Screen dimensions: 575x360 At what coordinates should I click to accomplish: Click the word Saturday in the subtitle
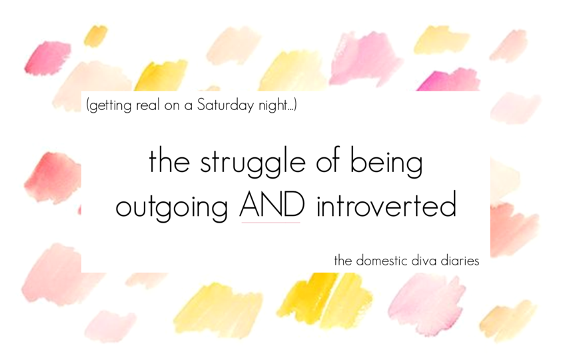pos(225,105)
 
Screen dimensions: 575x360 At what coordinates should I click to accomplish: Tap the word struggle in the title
pos(253,162)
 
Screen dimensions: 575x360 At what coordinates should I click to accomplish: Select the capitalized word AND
pos(272,204)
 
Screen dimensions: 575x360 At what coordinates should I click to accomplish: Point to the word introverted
pos(386,204)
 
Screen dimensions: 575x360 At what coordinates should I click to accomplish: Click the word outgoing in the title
pos(172,206)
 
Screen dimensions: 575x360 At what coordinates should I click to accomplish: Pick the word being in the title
pos(386,162)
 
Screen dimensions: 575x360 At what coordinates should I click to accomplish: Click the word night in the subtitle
pos(273,106)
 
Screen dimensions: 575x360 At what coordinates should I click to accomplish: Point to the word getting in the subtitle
pos(111,106)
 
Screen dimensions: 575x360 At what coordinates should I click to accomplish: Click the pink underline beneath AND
pos(271,223)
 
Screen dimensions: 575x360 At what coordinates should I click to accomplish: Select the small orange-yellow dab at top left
pos(95,35)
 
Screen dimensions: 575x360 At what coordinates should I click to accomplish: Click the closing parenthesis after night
pos(295,105)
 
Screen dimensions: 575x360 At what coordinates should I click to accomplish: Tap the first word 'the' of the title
pos(169,161)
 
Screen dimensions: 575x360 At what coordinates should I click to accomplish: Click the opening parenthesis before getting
pos(88,106)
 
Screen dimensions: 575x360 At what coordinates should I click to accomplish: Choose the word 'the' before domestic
pos(343,260)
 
